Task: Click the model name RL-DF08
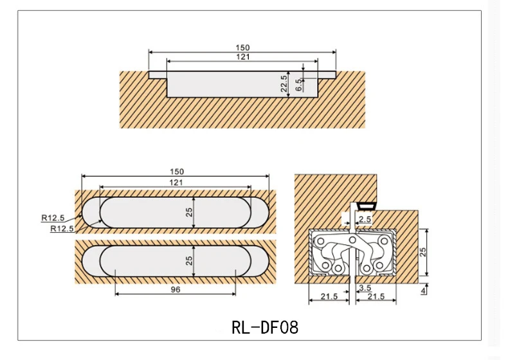(x=264, y=327)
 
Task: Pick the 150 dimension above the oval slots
(x=177, y=172)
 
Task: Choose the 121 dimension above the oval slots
(x=176, y=183)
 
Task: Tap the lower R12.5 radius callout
(x=62, y=228)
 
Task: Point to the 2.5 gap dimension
(x=365, y=220)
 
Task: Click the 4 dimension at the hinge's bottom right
(x=422, y=291)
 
